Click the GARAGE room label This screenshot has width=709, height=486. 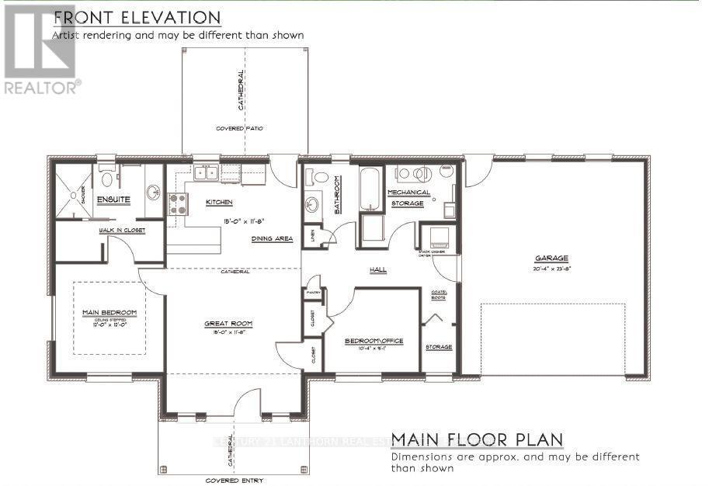551,259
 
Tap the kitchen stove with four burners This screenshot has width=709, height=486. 178,203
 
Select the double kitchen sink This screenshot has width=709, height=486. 207,172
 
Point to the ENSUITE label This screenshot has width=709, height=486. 113,200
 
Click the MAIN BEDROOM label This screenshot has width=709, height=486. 109,312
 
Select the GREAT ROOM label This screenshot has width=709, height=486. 228,324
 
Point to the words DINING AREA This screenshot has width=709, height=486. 272,238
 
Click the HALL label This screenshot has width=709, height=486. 378,269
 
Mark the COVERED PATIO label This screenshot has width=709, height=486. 240,127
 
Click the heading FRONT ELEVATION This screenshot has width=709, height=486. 136,17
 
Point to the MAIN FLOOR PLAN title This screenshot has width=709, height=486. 477,440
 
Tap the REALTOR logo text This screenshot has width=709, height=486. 41,88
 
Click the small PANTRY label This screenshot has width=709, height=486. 314,293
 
